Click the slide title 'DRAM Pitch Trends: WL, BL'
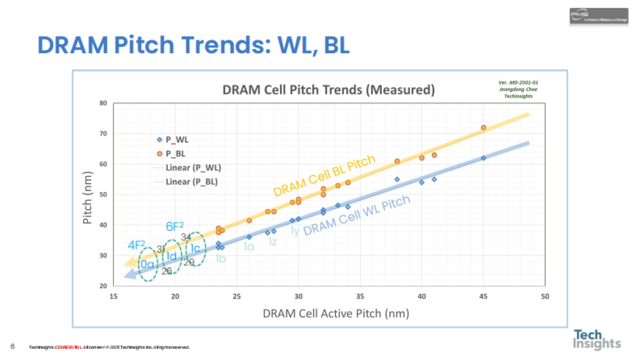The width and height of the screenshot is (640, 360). pyautogui.click(x=193, y=46)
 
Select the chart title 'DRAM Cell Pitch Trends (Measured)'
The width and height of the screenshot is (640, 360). pyautogui.click(x=329, y=90)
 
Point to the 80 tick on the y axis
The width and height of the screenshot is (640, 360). pyautogui.click(x=103, y=103)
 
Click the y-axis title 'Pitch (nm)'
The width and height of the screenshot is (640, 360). pyautogui.click(x=89, y=195)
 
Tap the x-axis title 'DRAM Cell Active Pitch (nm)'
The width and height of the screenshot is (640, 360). pyautogui.click(x=329, y=313)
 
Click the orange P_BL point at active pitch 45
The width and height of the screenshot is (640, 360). pyautogui.click(x=483, y=127)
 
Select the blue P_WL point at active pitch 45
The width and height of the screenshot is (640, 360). pyautogui.click(x=483, y=158)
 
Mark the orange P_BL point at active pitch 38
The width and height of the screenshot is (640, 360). pyautogui.click(x=397, y=161)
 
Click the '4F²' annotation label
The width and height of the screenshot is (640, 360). pyautogui.click(x=137, y=246)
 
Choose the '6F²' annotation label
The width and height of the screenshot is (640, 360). pyautogui.click(x=175, y=227)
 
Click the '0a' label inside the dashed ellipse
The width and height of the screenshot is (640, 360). pyautogui.click(x=147, y=265)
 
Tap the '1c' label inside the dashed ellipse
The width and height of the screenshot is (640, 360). pyautogui.click(x=195, y=248)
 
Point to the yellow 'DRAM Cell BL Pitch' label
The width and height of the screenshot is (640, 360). pyautogui.click(x=324, y=176)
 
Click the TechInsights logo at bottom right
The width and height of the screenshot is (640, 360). pyautogui.click(x=597, y=340)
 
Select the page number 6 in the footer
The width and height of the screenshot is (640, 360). pyautogui.click(x=12, y=347)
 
